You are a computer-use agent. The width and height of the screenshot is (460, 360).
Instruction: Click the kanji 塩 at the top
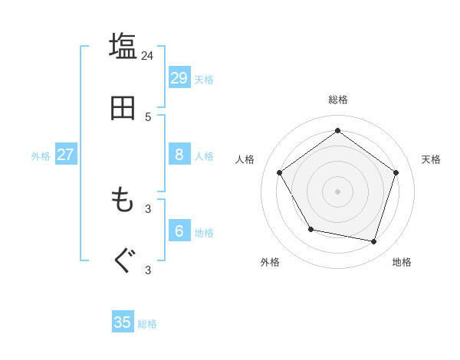[123, 45]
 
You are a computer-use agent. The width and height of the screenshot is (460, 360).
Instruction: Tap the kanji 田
[123, 108]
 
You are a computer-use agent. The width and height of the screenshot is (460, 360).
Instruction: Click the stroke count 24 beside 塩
[147, 55]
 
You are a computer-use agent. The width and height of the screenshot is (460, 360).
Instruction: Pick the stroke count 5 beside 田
[148, 117]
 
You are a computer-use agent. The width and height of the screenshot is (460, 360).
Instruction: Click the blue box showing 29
[179, 77]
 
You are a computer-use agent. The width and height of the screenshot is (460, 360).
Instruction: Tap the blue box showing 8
[179, 154]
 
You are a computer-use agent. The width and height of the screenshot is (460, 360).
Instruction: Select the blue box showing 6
[179, 231]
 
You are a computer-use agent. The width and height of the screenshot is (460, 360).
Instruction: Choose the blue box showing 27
[65, 154]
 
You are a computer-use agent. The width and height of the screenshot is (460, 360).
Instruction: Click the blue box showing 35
[123, 322]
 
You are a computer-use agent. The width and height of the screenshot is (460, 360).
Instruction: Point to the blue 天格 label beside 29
[203, 80]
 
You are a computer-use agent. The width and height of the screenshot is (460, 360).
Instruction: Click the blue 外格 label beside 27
[41, 156]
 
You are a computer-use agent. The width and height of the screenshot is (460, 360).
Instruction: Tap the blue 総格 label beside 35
[147, 324]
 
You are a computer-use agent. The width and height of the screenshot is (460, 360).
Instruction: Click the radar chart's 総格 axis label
[338, 100]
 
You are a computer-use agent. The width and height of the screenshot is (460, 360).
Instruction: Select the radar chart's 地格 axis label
[402, 262]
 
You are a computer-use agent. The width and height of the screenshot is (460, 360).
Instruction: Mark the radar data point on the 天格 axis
[396, 172]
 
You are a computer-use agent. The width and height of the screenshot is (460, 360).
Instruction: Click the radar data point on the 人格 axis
[280, 172]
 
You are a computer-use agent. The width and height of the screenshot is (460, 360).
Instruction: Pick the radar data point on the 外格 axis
[310, 229]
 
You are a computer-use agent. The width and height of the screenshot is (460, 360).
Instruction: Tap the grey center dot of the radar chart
[338, 191]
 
